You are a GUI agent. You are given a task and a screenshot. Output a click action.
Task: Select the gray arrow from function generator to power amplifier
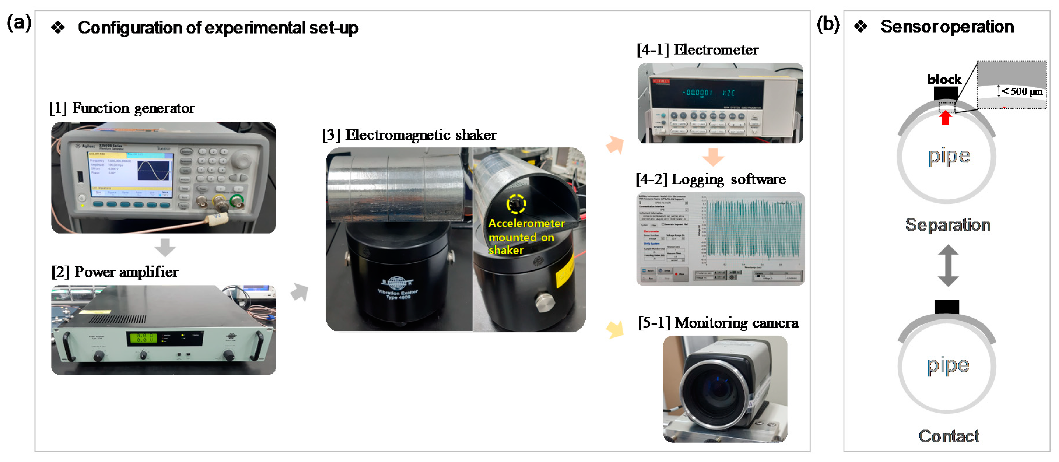click(165, 247)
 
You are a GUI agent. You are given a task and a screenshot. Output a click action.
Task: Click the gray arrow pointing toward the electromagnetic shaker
click(299, 292)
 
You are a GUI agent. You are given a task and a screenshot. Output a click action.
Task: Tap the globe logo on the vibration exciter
click(397, 283)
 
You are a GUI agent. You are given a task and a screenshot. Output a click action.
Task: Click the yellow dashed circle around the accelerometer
click(516, 204)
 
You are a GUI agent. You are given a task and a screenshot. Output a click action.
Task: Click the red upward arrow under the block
click(946, 118)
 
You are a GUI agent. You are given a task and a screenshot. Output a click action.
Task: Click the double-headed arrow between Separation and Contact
click(948, 265)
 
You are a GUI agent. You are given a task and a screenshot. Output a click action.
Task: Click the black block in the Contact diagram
click(946, 307)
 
